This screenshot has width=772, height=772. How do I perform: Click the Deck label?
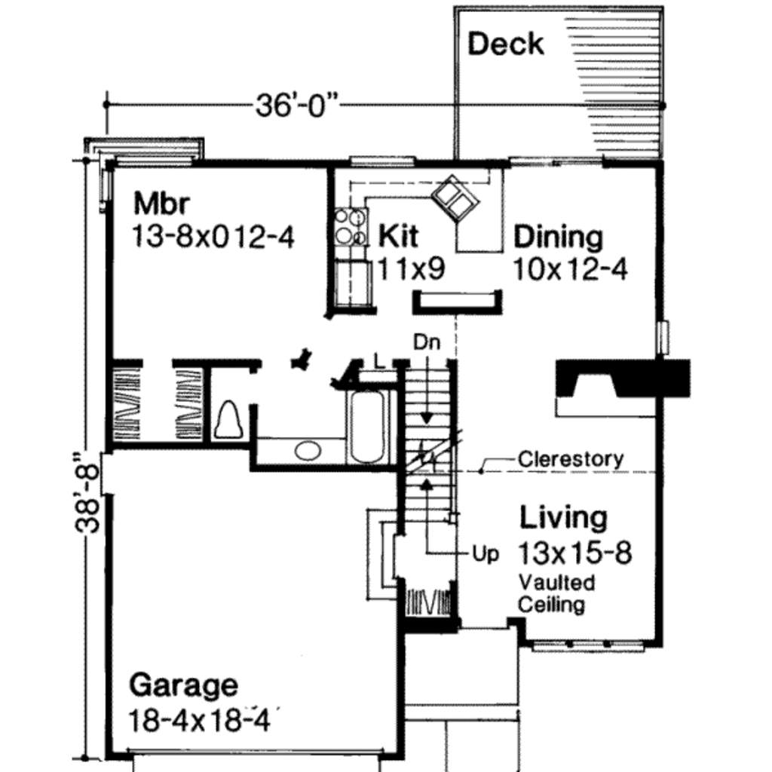[x=505, y=44]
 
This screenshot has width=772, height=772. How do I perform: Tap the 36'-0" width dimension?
[x=296, y=106]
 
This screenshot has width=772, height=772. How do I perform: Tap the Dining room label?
[x=558, y=237]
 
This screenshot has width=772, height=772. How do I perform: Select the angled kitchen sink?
[x=455, y=198]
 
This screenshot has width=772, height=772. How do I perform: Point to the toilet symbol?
[x=228, y=418]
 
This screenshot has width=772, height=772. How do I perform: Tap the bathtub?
[x=367, y=425]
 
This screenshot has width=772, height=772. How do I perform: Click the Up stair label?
[x=486, y=554]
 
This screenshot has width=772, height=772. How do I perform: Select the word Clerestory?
[x=571, y=458]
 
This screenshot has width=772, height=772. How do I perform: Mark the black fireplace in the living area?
[x=622, y=378]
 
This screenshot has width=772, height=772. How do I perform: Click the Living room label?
[x=563, y=518]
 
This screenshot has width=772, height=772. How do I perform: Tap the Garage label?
[x=183, y=686]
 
